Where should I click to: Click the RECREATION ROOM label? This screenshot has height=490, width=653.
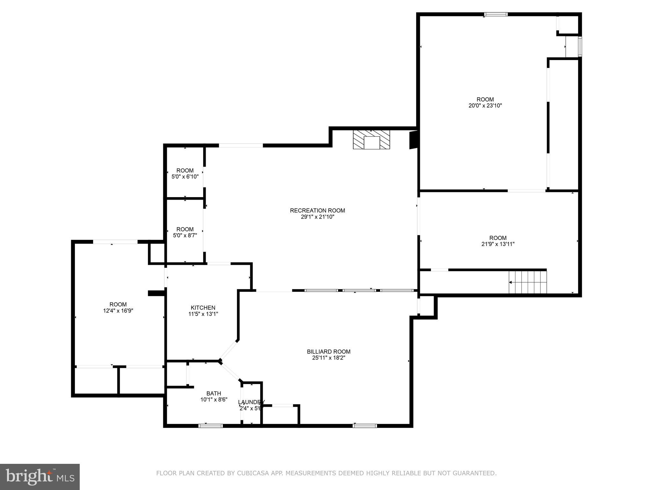pos(317,211)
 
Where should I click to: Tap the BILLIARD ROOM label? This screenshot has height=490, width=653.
pos(328,352)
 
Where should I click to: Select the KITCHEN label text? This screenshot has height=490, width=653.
pos(203,308)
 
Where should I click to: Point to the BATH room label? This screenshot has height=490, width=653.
pos(213,393)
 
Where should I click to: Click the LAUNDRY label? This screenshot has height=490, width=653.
pos(251,402)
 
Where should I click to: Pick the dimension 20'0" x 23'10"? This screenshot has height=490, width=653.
pos(485,106)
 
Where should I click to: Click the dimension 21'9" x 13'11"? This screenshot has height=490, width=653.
pos(498,244)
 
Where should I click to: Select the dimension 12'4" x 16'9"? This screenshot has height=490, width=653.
pos(118,310)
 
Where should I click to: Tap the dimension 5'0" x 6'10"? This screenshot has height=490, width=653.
pos(185,176)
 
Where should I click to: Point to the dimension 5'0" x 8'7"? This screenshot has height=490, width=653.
pos(185,235)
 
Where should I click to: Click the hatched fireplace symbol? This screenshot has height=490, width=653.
pos(371,140)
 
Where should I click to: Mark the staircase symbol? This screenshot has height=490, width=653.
pos(528,282)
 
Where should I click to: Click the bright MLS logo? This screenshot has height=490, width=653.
pos(40,477)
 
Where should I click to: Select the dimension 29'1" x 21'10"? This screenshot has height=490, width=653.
pos(317,217)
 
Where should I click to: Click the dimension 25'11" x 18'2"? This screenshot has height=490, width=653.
pos(328,358)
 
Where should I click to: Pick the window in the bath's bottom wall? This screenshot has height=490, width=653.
pos(210,426)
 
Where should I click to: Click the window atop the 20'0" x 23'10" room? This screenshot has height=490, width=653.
pos(495,14)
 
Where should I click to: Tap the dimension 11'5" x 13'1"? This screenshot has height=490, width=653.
pos(203,314)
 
